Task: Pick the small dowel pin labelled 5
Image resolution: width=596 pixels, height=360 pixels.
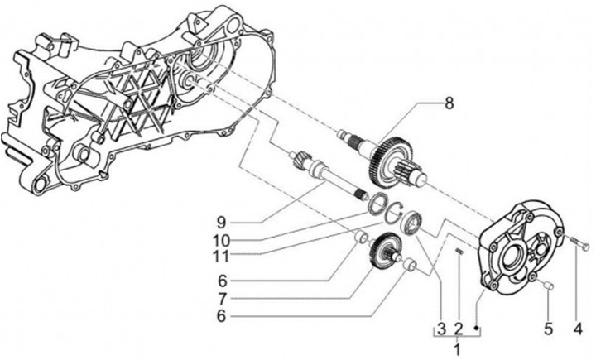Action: (x=547, y=286)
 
